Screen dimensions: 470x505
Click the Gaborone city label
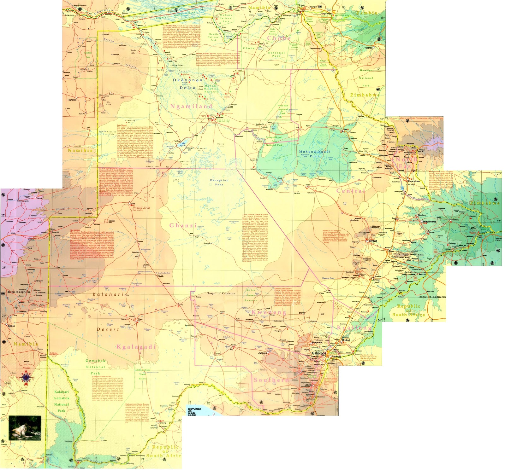[x=319, y=353]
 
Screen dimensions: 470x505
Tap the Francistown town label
[x=414, y=181]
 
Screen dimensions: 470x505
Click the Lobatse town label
[x=308, y=385]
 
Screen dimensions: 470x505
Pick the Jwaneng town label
[x=263, y=353]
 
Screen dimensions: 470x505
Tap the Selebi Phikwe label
[x=429, y=222]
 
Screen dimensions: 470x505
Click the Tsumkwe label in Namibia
[x=72, y=100]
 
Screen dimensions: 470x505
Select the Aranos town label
[x=11, y=326]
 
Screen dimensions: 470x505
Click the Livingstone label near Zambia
[x=325, y=14]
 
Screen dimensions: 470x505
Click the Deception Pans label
[x=219, y=182]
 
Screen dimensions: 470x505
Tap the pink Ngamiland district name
[x=191, y=106]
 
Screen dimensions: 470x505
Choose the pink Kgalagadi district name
[x=136, y=347]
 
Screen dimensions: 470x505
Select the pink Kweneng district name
[x=269, y=312]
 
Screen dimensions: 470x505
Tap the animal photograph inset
[x=25, y=428]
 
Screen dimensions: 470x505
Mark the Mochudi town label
[x=346, y=340]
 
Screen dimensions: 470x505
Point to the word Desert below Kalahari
[x=108, y=329]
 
